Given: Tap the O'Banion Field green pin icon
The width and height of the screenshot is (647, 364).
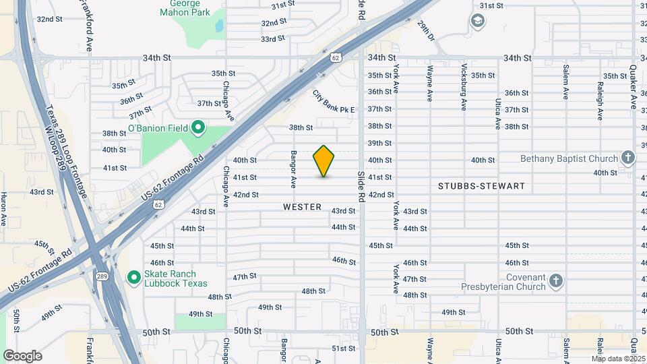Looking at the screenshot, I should click(x=197, y=127).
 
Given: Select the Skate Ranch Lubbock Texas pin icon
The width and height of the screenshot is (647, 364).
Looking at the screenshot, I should click(x=133, y=277).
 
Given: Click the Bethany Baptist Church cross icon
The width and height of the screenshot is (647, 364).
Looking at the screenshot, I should click(x=628, y=158).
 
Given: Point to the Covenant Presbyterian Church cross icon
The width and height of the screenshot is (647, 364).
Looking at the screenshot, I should click(x=555, y=280).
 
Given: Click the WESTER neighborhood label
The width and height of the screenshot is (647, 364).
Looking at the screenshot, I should click(x=303, y=207).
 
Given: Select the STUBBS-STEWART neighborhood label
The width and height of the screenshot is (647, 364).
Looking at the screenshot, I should click(x=481, y=185).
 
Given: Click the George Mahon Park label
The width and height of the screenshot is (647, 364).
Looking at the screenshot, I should click(x=185, y=8).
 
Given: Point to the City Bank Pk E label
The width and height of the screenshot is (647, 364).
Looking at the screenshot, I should click(x=333, y=101).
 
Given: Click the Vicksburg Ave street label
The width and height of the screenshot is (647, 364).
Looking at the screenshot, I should click(x=464, y=86).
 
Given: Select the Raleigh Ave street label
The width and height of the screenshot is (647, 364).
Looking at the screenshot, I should click(x=600, y=101).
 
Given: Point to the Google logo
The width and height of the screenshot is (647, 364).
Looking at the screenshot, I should click(x=22, y=356).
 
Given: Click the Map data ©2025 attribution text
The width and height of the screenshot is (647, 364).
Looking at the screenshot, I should click(x=618, y=359).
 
